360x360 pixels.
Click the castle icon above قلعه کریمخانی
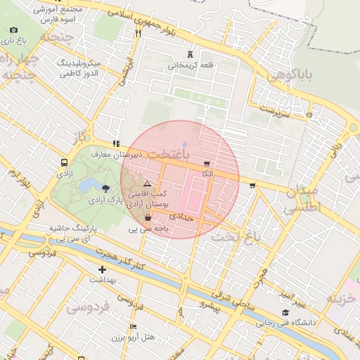[x=190, y=54]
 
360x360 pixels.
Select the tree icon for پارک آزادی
[x=105, y=188]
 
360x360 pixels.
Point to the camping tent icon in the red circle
[x=147, y=183]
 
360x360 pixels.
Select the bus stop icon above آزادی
[x=65, y=162]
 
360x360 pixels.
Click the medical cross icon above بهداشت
[x=103, y=269]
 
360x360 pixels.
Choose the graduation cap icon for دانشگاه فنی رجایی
[x=285, y=313]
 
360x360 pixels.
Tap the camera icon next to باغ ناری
[x=13, y=30]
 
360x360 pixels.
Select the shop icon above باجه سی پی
[x=146, y=218]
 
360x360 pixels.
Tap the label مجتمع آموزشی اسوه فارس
[x=58, y=14]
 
